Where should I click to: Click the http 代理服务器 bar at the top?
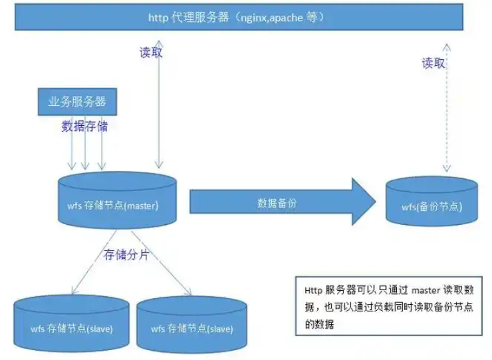click(239, 16)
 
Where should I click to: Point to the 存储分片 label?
click(126, 255)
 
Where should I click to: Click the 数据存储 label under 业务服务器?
click(84, 126)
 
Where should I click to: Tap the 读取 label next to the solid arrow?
click(151, 53)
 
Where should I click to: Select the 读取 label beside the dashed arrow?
click(433, 64)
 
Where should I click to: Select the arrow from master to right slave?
click(162, 263)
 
